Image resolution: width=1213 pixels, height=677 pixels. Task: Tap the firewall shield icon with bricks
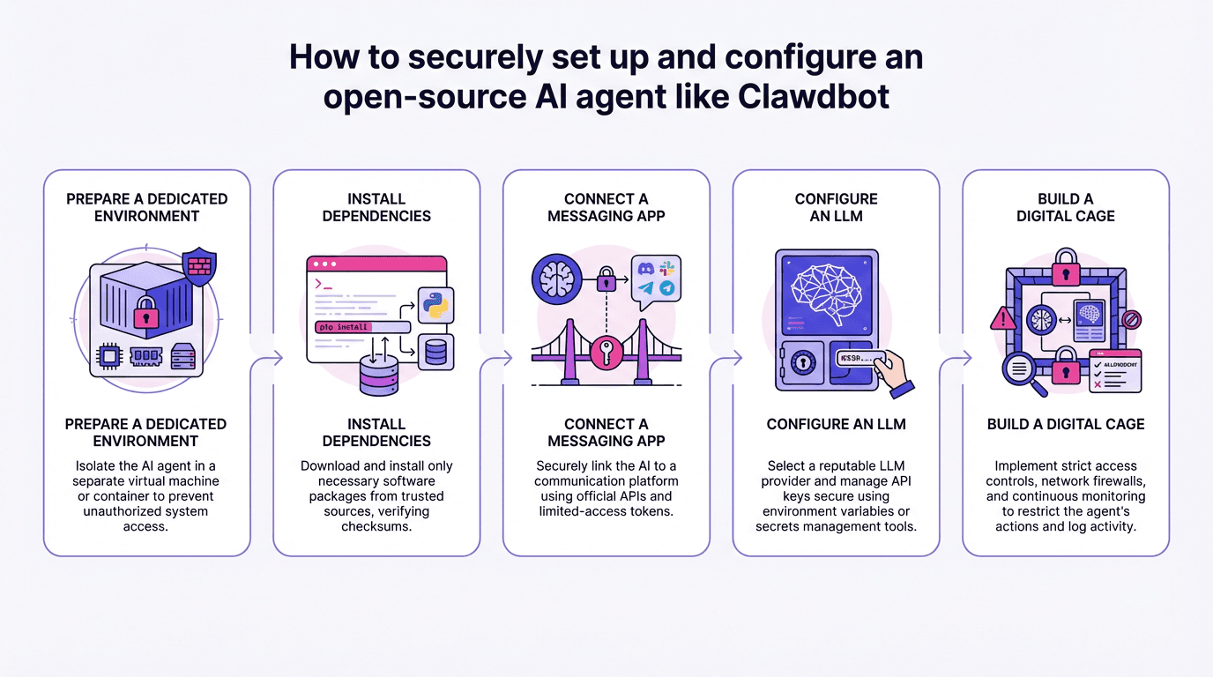[197, 265]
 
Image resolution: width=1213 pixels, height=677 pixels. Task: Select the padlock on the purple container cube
[145, 314]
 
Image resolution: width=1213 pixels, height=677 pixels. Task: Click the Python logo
[435, 304]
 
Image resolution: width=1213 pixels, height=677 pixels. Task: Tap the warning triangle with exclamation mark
[1004, 317]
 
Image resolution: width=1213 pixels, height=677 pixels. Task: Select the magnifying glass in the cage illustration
[1022, 368]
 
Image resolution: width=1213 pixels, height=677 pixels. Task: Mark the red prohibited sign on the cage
[1133, 318]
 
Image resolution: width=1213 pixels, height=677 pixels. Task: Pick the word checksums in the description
[376, 526]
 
